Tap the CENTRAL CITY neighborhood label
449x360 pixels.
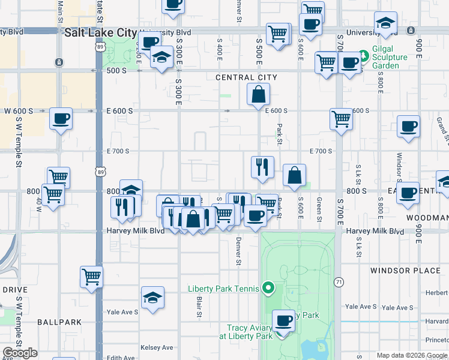point(247,77)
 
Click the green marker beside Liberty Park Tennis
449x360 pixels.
point(270,289)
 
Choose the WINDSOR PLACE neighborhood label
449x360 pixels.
point(405,271)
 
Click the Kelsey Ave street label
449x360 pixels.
point(157,347)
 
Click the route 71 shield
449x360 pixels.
point(339,281)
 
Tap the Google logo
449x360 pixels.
point(20,353)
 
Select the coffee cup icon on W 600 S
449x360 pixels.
point(61,119)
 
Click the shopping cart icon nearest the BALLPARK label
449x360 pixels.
point(91,277)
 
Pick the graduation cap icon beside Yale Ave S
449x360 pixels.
point(153,298)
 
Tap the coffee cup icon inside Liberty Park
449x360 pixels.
point(283,320)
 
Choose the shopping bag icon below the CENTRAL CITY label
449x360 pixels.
point(258,94)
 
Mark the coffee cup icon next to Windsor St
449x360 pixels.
point(408,127)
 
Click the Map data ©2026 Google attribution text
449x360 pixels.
point(411,355)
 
